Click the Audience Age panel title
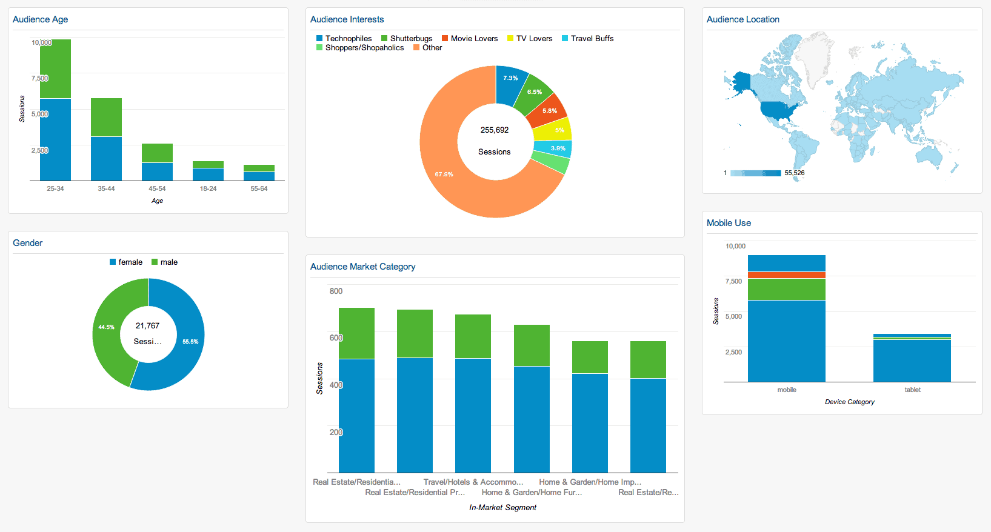click(x=40, y=19)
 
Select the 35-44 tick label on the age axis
click(x=106, y=188)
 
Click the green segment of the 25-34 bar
click(x=55, y=68)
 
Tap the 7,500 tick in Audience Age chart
click(x=39, y=78)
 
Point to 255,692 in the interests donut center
click(x=495, y=130)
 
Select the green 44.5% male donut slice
click(x=109, y=327)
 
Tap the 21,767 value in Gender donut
click(x=147, y=326)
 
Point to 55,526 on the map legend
click(x=794, y=173)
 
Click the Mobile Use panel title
click(x=729, y=223)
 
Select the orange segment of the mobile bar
click(x=786, y=275)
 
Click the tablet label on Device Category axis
click(x=912, y=390)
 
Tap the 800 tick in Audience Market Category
click(x=336, y=291)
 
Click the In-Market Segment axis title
click(x=502, y=508)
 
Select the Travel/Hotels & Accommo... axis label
click(x=473, y=482)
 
